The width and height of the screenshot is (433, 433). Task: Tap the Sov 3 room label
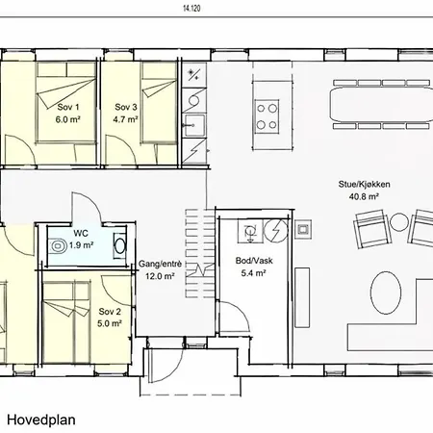[x=126, y=107]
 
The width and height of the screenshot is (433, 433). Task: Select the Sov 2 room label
[x=110, y=312]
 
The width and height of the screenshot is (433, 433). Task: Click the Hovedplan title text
[x=41, y=420]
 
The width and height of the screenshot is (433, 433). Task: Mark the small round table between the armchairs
[x=399, y=223]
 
